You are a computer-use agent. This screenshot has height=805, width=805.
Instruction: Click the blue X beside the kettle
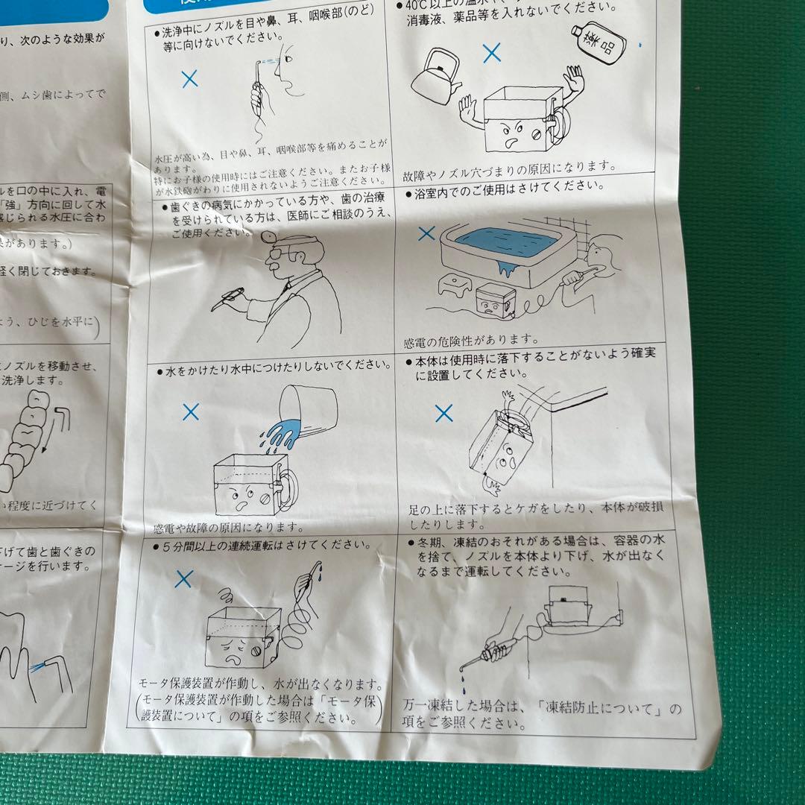[x=491, y=52]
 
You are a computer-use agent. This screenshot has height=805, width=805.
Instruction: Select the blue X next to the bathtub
[x=426, y=233]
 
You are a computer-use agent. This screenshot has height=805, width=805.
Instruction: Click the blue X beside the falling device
[x=443, y=414]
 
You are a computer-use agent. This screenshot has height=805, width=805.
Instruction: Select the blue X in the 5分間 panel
[x=183, y=578]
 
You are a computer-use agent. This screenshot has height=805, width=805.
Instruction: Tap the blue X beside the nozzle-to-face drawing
[x=190, y=79]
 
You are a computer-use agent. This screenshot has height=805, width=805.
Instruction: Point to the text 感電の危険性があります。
[x=471, y=341]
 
